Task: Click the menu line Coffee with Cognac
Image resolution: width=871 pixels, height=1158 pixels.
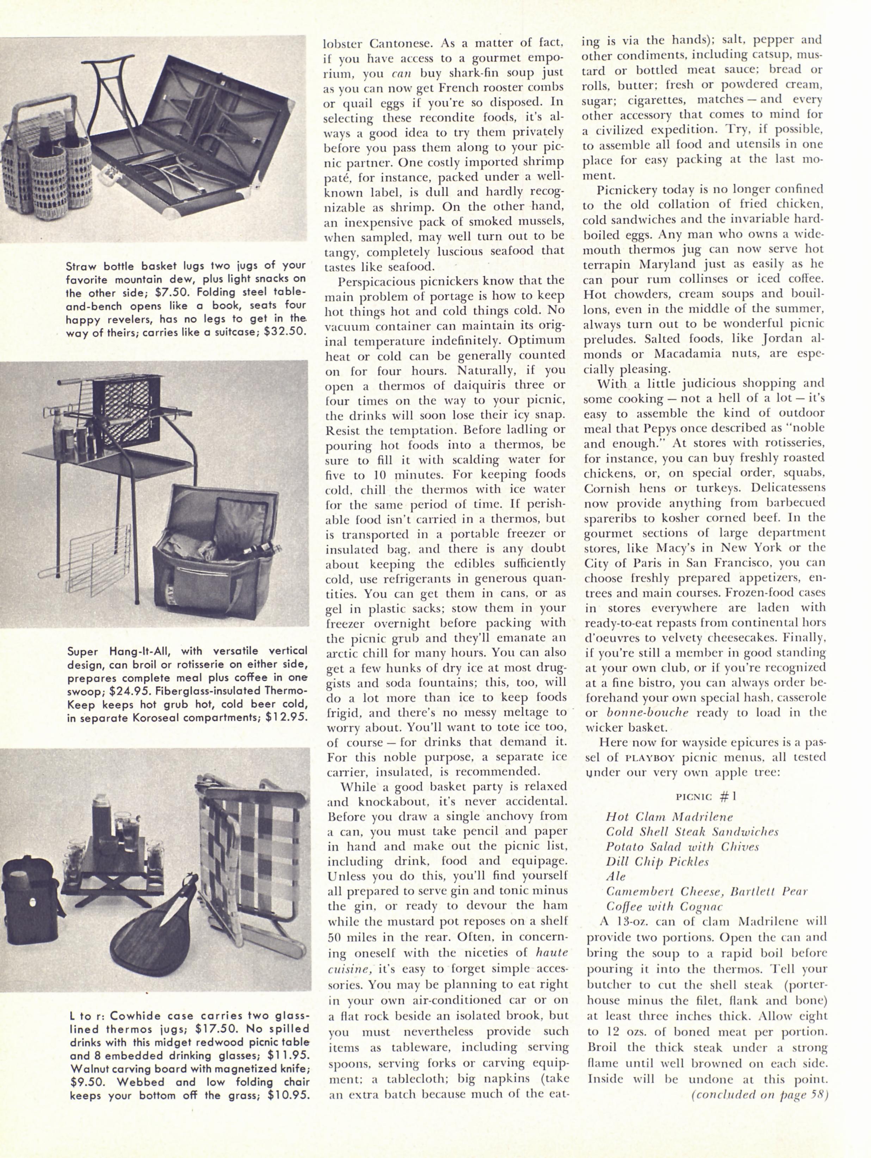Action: point(664,906)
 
